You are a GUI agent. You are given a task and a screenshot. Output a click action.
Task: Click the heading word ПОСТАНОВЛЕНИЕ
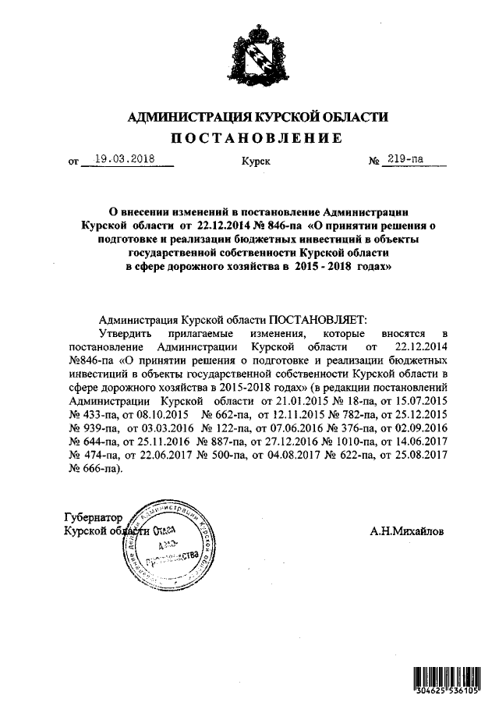257,139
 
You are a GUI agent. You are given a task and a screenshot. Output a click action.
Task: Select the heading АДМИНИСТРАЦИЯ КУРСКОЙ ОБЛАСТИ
257,117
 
